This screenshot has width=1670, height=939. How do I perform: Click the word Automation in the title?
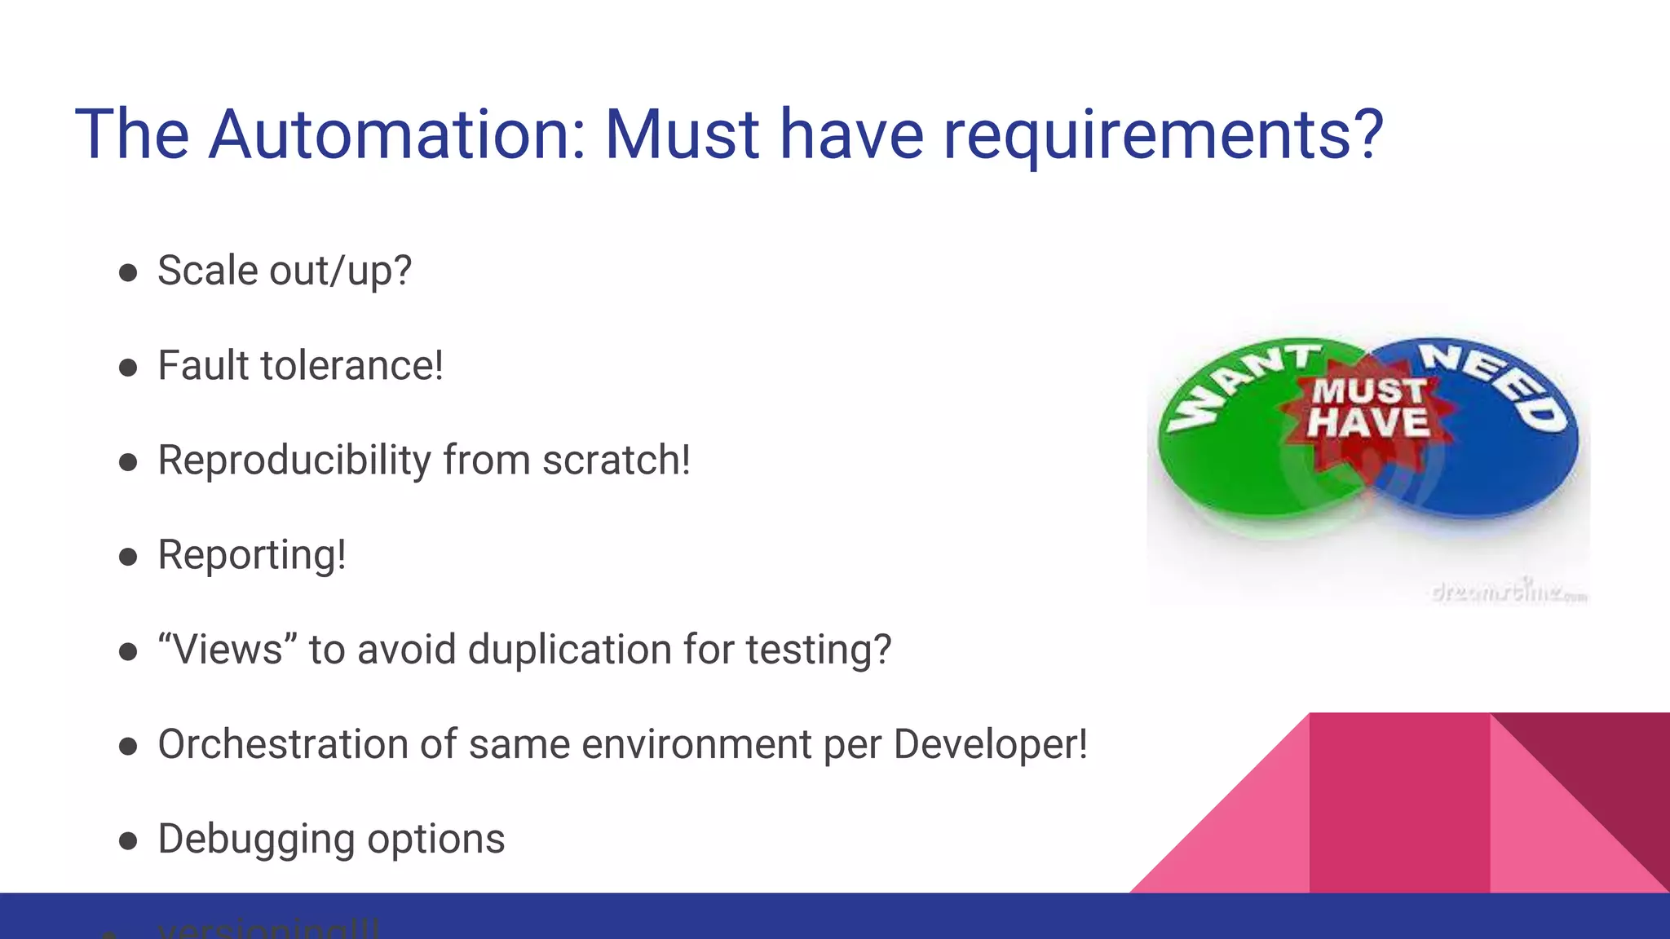coord(396,134)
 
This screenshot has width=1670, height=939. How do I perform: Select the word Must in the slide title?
coord(682,134)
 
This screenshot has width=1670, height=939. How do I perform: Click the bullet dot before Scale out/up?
coord(128,273)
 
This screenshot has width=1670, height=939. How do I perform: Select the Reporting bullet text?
coord(252,556)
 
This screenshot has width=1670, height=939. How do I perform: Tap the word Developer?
coord(989,744)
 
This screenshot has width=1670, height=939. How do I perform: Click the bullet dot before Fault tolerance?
coord(128,368)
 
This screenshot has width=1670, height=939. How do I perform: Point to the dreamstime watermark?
coord(1509,591)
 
